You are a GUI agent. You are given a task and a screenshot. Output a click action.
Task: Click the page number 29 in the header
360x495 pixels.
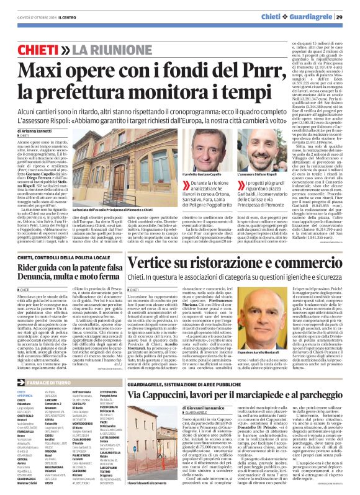tap(348, 16)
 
